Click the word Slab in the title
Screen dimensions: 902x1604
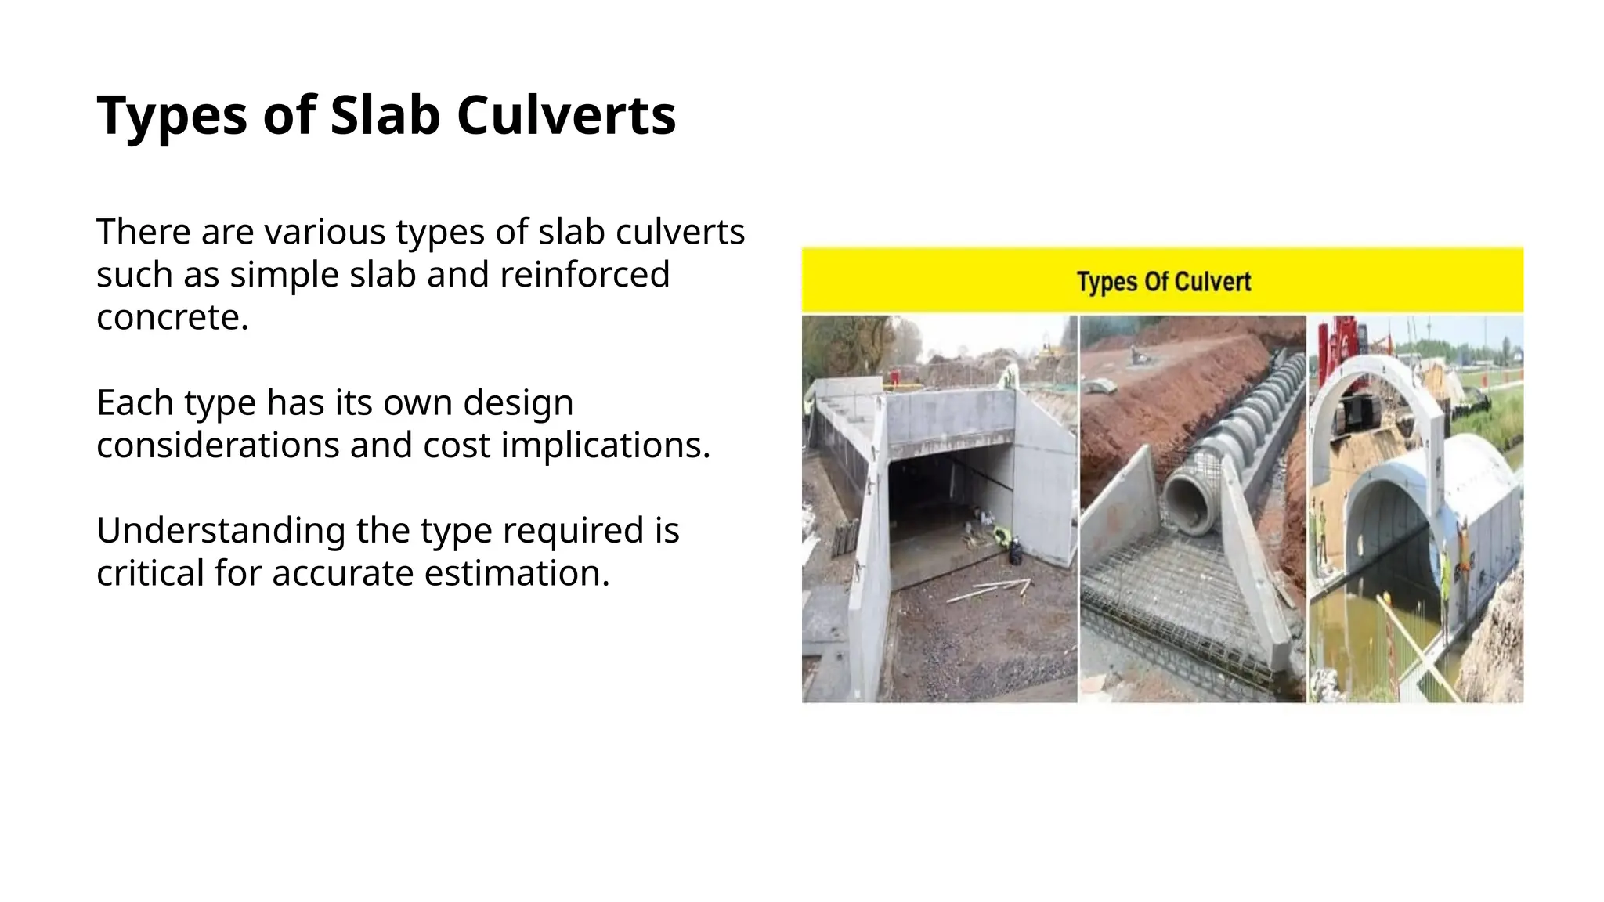click(385, 116)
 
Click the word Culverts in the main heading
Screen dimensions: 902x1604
click(565, 116)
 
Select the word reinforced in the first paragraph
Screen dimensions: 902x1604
click(584, 275)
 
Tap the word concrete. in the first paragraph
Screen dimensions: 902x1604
click(172, 317)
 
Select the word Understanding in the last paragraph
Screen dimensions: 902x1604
click(220, 531)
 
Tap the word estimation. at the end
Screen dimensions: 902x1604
click(517, 573)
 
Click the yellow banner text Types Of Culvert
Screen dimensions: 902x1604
click(1163, 282)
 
